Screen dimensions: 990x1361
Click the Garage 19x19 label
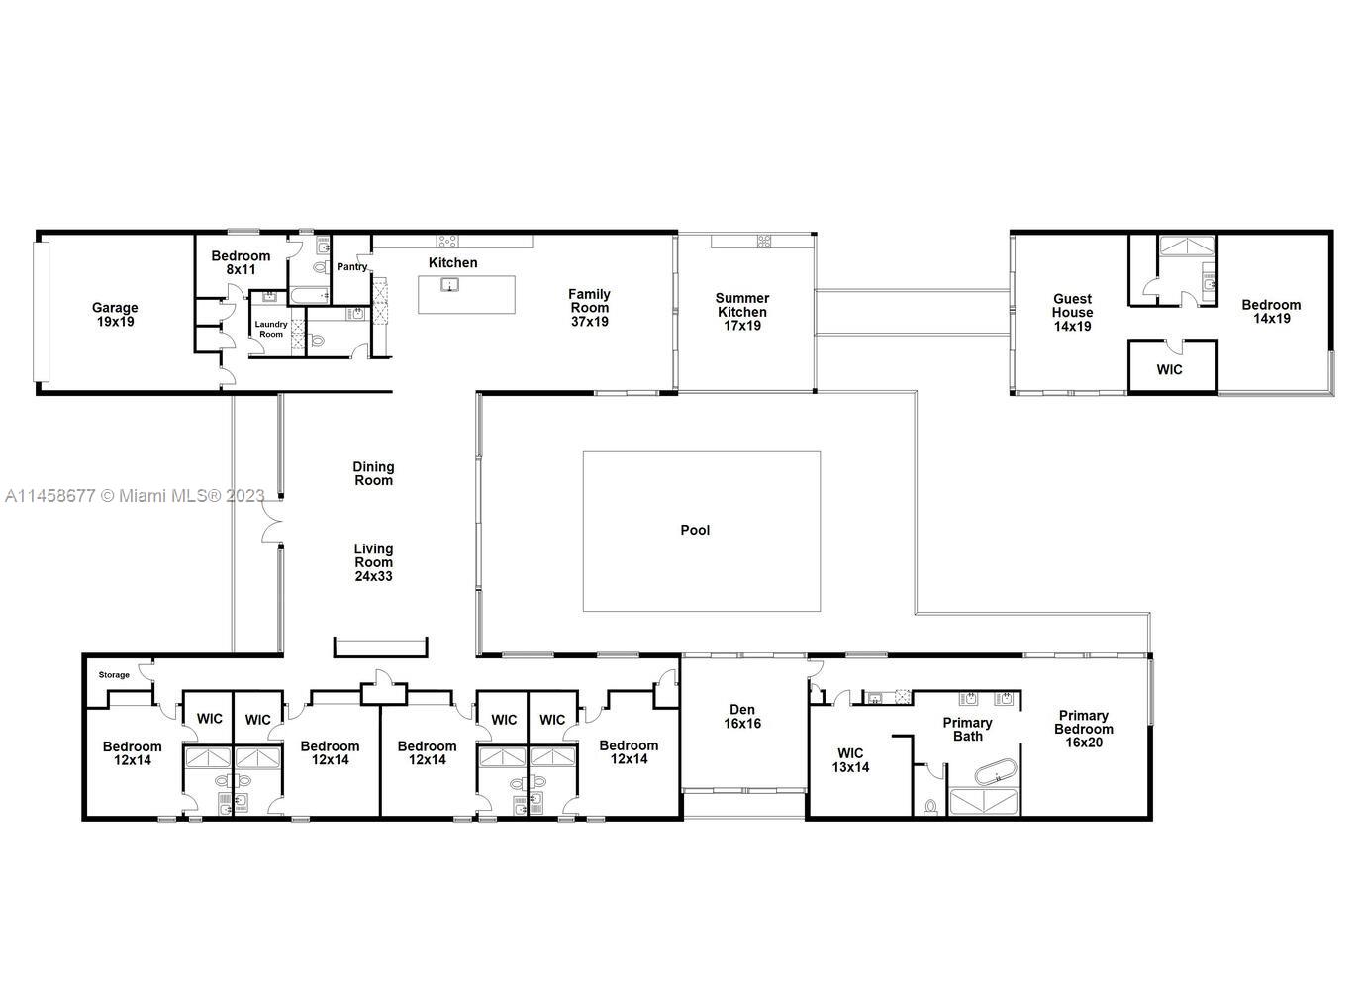[x=115, y=315]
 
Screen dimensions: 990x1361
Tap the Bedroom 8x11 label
[x=241, y=262]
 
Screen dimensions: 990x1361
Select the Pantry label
[x=351, y=266]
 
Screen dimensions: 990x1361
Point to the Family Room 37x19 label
[x=589, y=307]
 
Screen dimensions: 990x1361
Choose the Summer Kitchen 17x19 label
[x=741, y=311]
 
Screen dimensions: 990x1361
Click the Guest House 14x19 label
[x=1072, y=312]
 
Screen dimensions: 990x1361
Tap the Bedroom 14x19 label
[x=1271, y=311]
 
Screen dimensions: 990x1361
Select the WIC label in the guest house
[x=1169, y=369]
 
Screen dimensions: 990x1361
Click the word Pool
[x=695, y=530]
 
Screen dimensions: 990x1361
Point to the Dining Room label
[x=373, y=473]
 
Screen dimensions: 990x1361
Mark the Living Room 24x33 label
[x=373, y=562]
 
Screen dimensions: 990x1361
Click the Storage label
[x=114, y=675]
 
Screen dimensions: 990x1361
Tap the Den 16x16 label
[x=742, y=716]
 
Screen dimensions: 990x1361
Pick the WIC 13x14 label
[x=850, y=759]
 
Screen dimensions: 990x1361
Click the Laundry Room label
[x=270, y=329]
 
